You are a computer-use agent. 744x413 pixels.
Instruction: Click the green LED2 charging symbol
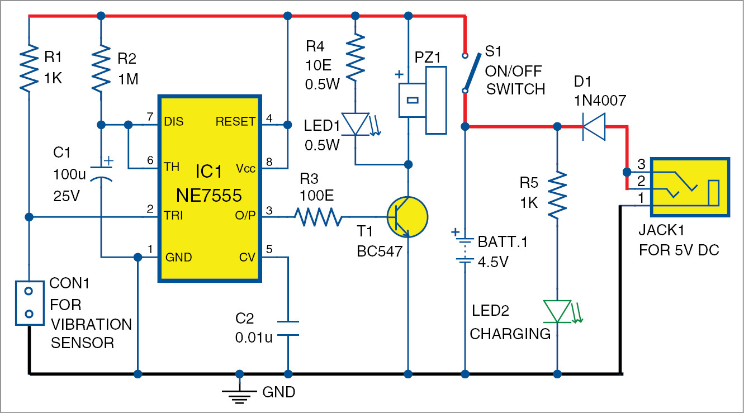557,311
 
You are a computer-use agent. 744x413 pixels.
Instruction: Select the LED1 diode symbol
356,124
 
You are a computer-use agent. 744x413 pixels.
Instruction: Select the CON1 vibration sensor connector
29,302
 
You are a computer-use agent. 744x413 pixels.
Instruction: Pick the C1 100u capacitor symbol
101,172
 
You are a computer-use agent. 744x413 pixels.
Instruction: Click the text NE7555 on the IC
210,196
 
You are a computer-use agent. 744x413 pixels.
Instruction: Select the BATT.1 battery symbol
465,249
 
